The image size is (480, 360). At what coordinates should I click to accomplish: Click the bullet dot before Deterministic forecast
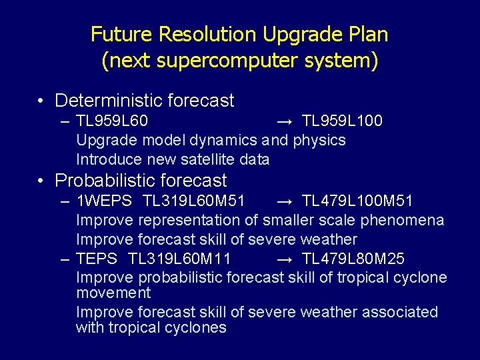(x=41, y=101)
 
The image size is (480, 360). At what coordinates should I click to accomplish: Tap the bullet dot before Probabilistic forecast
(x=41, y=181)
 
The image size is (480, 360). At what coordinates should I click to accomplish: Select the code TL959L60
(x=112, y=121)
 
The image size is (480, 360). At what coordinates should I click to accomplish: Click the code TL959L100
(x=342, y=121)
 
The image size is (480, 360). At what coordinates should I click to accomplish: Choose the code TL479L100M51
(x=357, y=201)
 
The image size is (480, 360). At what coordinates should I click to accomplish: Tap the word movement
(x=113, y=293)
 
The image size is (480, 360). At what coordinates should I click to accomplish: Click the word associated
(x=399, y=312)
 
